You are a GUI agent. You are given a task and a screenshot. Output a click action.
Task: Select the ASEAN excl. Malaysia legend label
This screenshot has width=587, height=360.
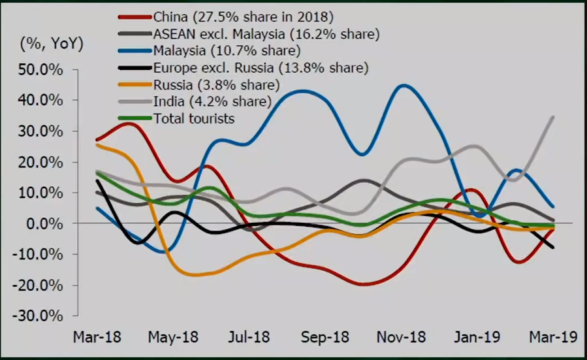click(x=266, y=33)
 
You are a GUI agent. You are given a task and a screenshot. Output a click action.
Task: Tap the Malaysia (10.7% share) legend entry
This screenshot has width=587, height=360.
click(x=226, y=50)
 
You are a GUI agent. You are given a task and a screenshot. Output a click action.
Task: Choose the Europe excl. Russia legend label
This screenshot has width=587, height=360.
click(x=261, y=67)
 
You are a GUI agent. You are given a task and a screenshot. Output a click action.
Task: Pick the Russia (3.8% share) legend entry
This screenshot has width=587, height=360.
click(x=217, y=84)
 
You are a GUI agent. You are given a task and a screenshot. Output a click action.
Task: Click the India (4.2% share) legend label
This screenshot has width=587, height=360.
click(x=212, y=101)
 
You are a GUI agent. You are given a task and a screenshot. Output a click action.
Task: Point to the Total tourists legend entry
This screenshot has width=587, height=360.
click(x=193, y=118)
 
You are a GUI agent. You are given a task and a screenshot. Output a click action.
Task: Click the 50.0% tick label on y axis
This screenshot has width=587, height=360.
click(x=40, y=69)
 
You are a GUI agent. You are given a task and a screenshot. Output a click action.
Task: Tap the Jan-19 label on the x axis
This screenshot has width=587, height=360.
click(x=476, y=337)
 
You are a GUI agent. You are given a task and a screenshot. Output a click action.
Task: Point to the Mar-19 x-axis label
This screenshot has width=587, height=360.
click(x=552, y=337)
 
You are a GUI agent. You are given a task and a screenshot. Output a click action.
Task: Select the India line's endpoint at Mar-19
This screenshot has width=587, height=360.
click(x=554, y=117)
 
